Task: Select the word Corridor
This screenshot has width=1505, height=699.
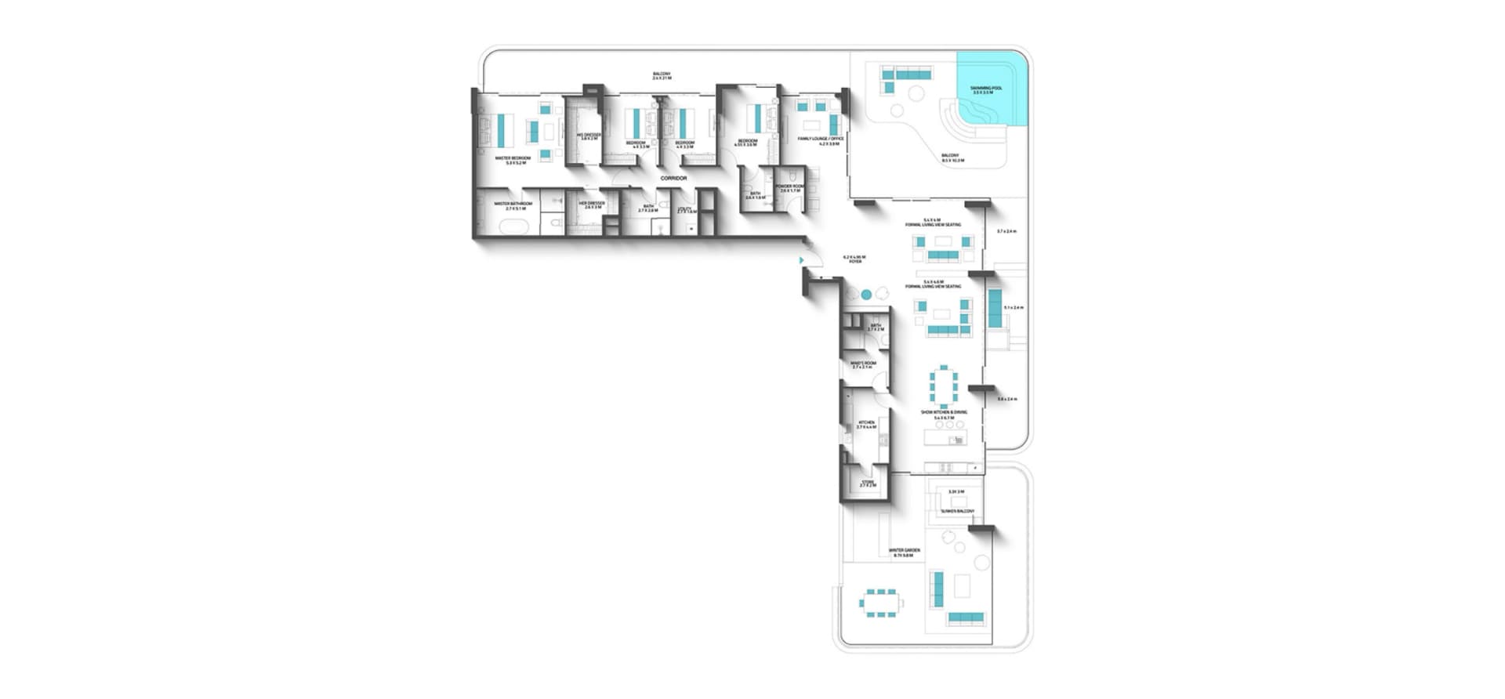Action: pos(673,179)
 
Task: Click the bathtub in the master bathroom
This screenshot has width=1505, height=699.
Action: pos(514,227)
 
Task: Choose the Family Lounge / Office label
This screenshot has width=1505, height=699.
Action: pos(818,140)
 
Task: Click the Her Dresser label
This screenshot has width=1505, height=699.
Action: pos(592,205)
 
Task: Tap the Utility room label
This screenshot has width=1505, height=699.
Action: pos(687,210)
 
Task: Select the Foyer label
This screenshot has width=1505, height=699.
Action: pos(854,259)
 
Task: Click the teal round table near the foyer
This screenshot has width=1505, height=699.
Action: pos(866,295)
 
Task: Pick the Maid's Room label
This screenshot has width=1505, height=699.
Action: pos(863,364)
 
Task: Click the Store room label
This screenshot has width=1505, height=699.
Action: pos(867,484)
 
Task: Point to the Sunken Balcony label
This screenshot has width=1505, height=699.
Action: pos(957,511)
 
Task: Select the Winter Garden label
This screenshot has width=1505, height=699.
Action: pos(905,552)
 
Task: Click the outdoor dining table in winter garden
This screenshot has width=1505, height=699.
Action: pos(881,603)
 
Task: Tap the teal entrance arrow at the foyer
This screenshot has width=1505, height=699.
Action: pos(800,260)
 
